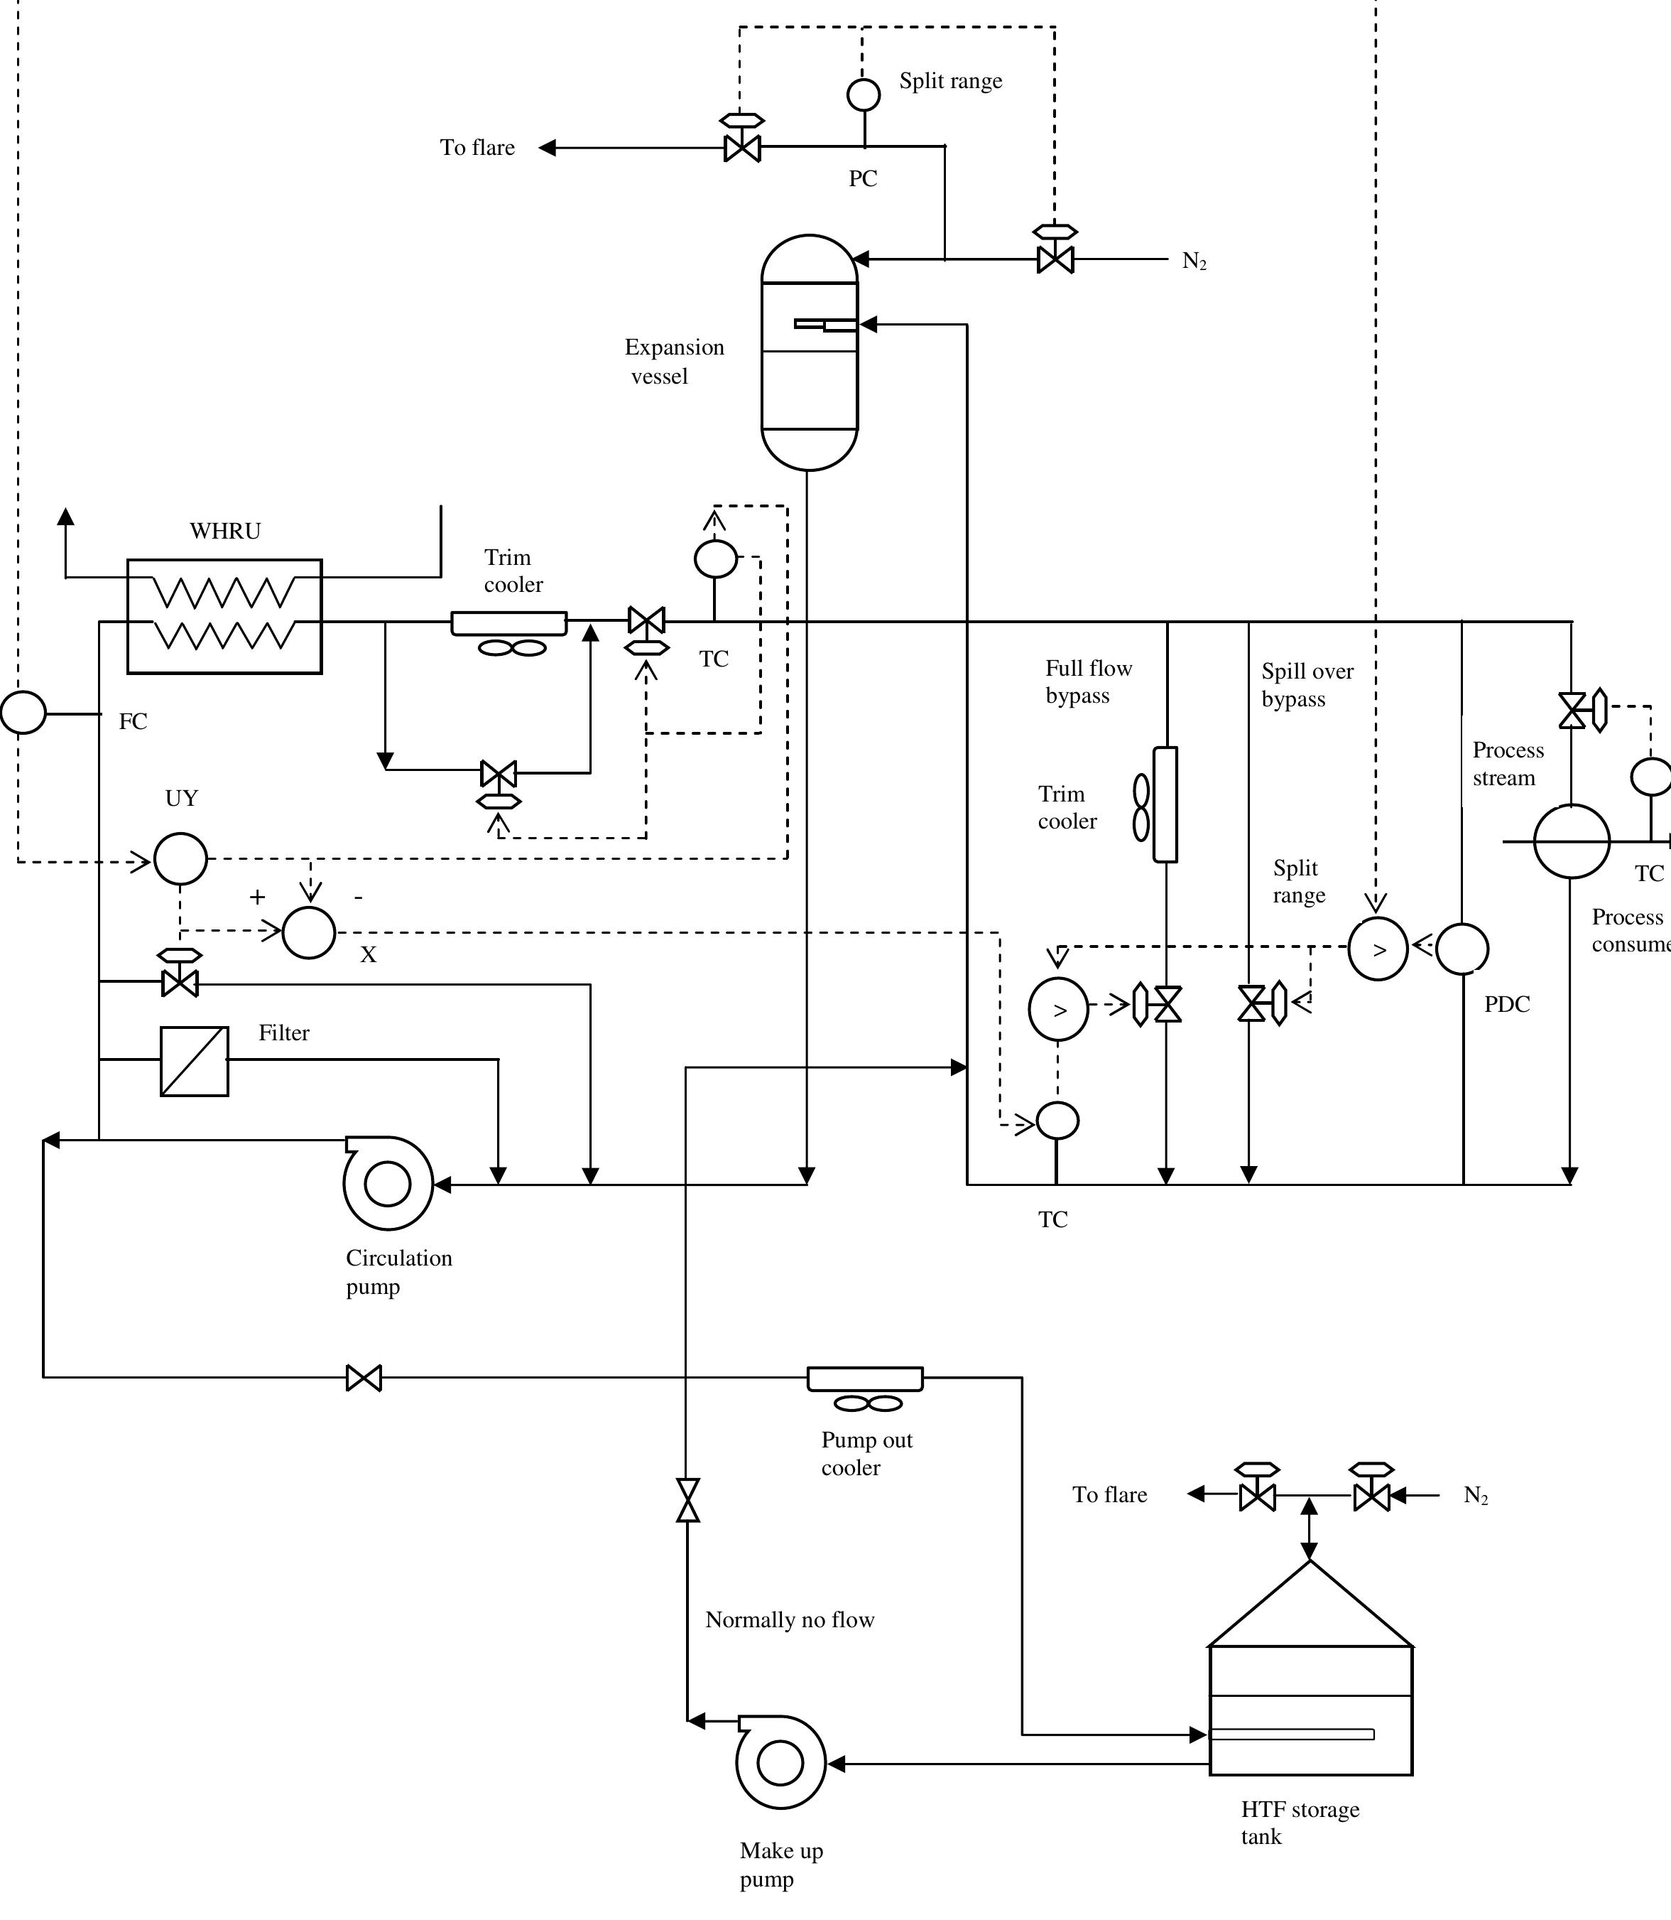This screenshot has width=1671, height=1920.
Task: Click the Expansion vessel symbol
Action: (808, 352)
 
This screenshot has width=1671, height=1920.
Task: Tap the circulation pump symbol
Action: (388, 1184)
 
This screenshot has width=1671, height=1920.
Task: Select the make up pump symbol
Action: (780, 1762)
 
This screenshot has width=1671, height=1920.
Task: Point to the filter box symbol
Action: (194, 1061)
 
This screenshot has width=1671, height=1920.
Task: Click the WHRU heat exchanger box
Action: (224, 616)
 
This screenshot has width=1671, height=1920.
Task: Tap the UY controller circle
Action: (180, 858)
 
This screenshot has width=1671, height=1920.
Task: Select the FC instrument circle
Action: (23, 713)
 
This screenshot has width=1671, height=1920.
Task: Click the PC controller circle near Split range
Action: (863, 95)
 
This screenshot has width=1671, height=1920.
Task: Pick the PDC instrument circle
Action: (1462, 949)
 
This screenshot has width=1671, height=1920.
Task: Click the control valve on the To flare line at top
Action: (742, 146)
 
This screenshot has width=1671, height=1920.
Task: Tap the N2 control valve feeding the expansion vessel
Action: (1055, 259)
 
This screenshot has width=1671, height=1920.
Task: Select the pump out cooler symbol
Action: (864, 1378)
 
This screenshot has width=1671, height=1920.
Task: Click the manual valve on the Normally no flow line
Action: (687, 1499)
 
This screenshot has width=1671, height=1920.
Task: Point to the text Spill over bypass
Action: (1307, 685)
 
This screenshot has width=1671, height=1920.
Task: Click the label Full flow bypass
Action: (1087, 681)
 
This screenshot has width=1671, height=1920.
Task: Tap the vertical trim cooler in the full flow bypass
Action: (1165, 804)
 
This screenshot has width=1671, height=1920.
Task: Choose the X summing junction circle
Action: (309, 932)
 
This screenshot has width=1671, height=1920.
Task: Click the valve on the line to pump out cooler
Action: (364, 1377)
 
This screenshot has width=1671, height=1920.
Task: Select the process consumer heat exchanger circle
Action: (1572, 841)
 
